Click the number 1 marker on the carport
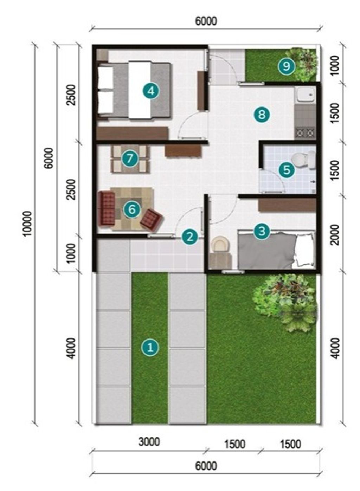pyautogui.click(x=150, y=347)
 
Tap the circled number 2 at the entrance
pyautogui.click(x=189, y=237)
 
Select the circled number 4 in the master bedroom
pyautogui.click(x=151, y=91)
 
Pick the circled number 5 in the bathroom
pyautogui.click(x=287, y=170)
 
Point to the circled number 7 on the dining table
pyautogui.click(x=130, y=158)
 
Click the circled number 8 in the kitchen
pyautogui.click(x=262, y=114)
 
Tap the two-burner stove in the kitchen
pyautogui.click(x=305, y=133)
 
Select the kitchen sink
pyautogui.click(x=305, y=94)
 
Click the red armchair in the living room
pyautogui.click(x=152, y=220)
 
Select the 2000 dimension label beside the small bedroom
pyautogui.click(x=335, y=234)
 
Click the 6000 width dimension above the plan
pyautogui.click(x=206, y=21)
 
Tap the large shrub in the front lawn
pyautogui.click(x=285, y=303)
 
